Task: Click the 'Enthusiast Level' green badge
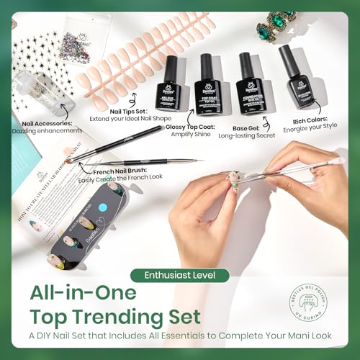[x=180, y=274]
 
